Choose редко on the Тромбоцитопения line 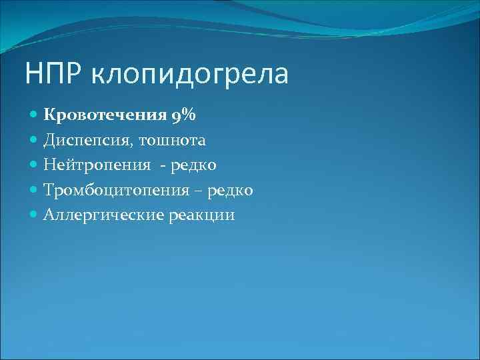coord(229,191)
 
